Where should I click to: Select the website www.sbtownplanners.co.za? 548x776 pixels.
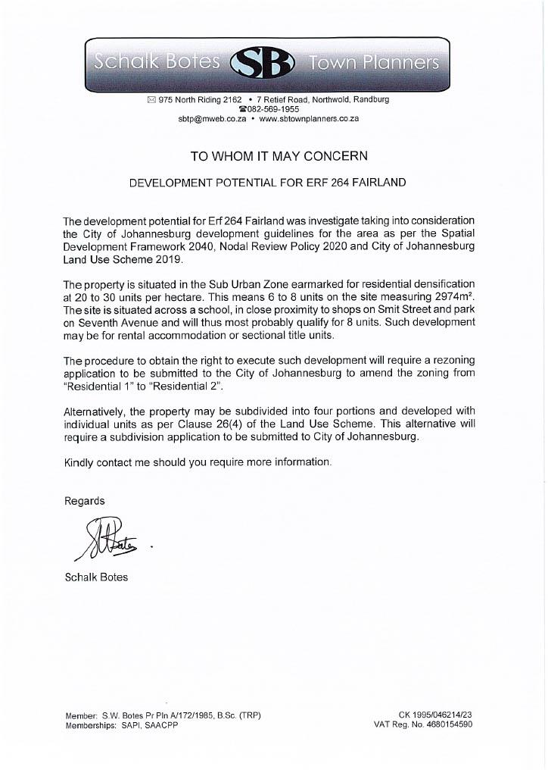pos(309,119)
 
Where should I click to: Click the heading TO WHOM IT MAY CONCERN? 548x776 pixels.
pos(279,156)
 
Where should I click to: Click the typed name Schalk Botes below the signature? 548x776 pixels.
pos(96,577)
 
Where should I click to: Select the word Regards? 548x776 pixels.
pos(85,501)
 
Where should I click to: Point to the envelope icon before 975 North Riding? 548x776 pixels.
pos(151,99)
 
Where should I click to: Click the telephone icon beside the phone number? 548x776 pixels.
pos(242,109)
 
